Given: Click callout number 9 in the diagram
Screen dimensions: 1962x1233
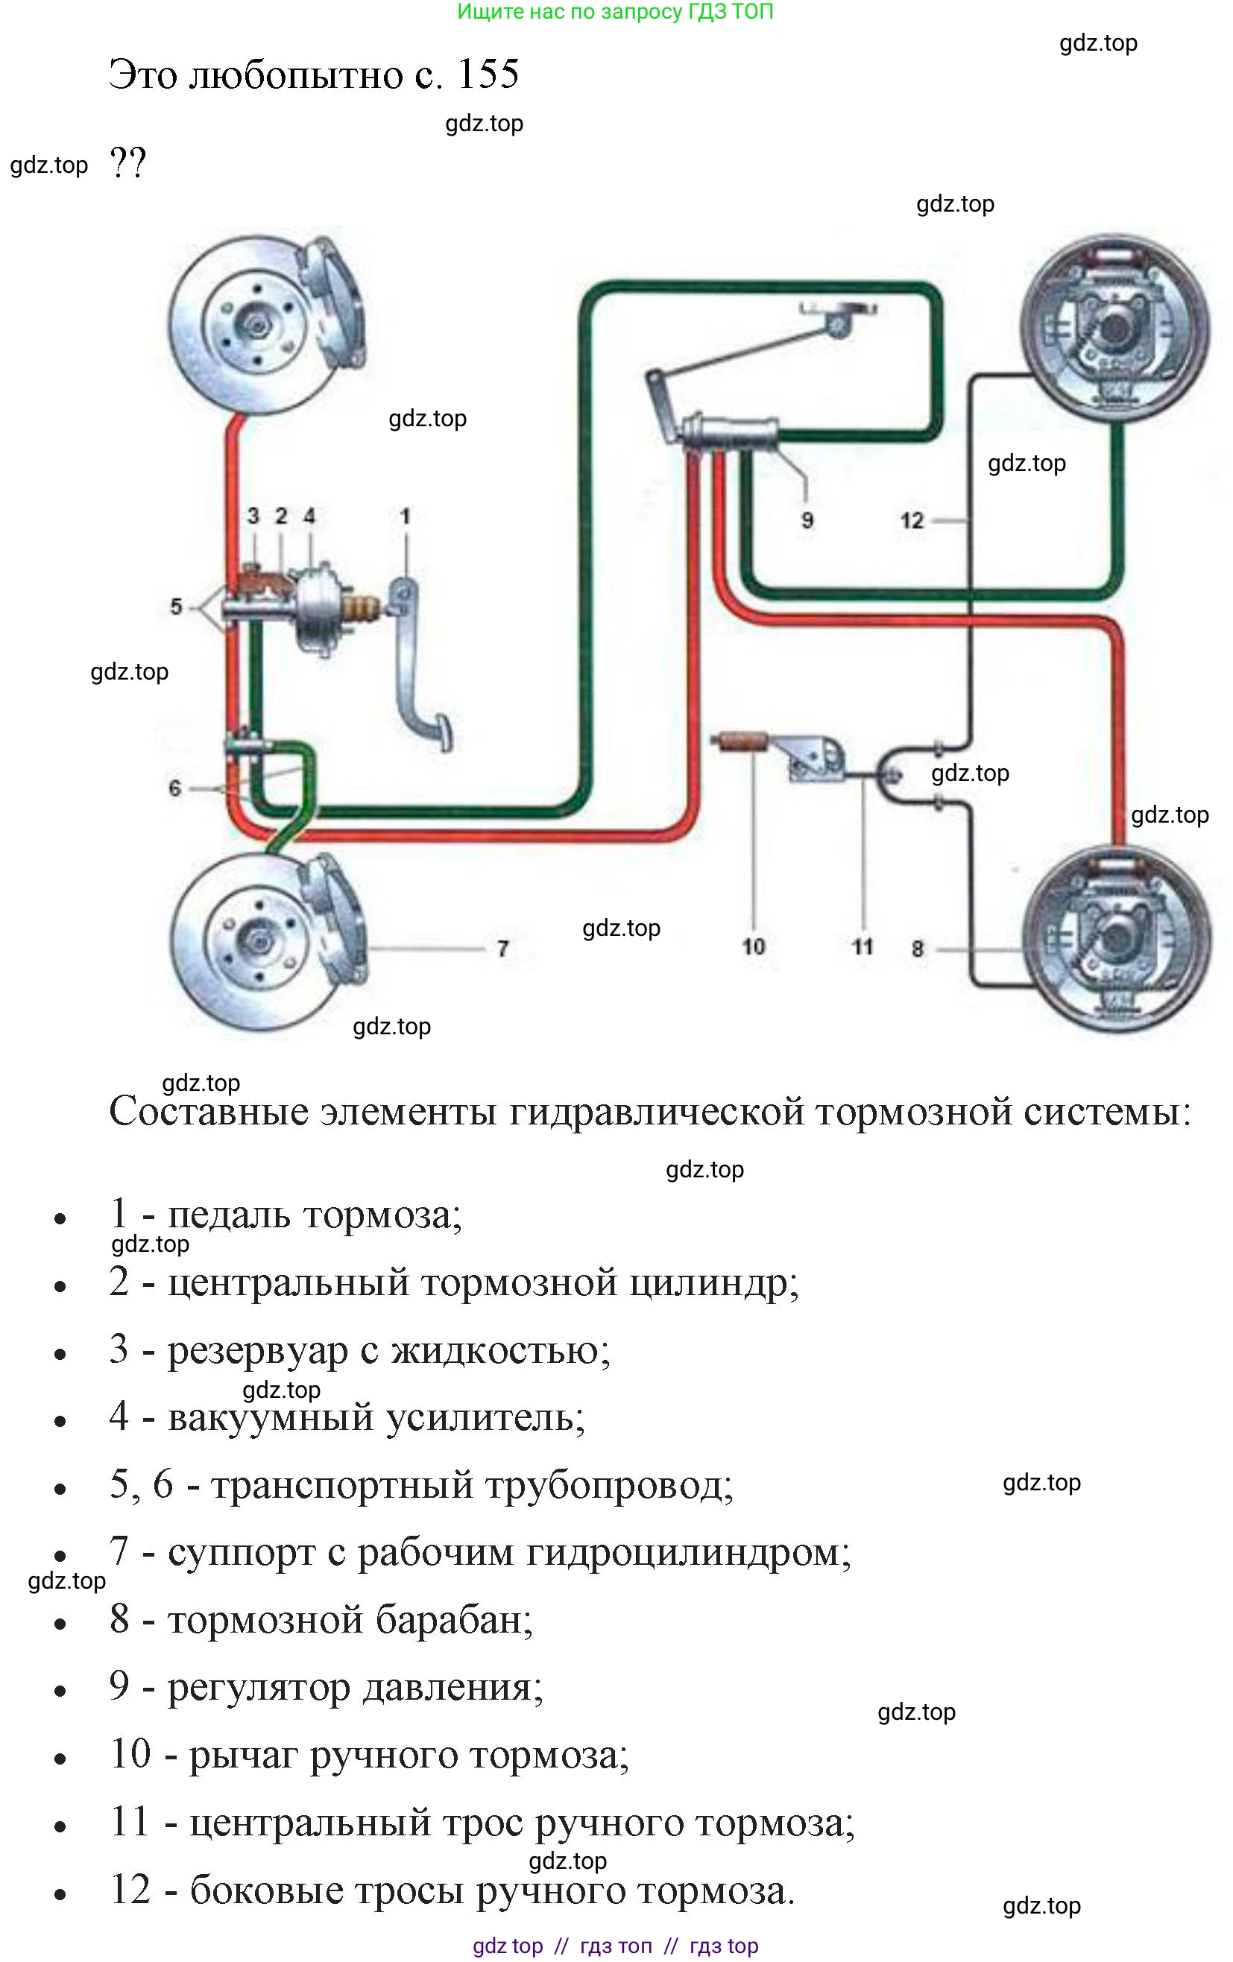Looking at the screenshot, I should [x=807, y=520].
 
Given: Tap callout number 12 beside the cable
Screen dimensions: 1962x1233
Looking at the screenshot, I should [x=912, y=520].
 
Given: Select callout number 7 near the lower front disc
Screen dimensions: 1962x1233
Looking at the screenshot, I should [x=502, y=949].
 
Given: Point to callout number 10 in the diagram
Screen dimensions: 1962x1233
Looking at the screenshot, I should [x=753, y=946].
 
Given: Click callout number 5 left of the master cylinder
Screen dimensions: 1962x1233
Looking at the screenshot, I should [x=176, y=607].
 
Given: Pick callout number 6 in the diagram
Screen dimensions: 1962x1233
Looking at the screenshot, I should [x=174, y=788].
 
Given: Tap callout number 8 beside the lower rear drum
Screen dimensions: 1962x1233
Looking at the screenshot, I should [x=918, y=949].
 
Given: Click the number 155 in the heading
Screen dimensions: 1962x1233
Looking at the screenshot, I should [x=488, y=75].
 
